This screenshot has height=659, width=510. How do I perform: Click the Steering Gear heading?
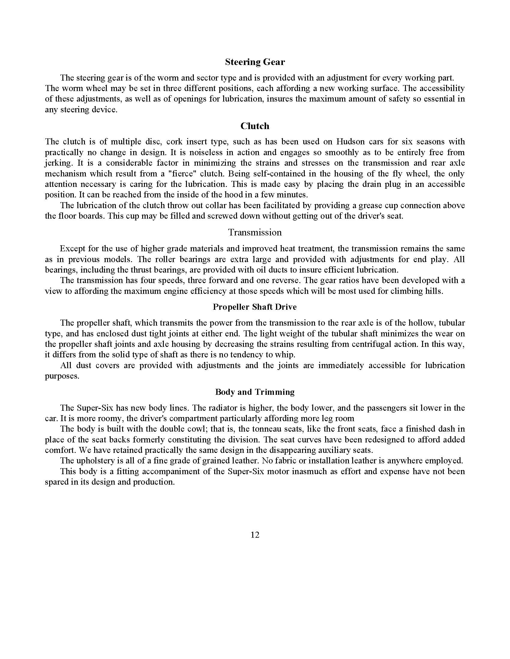(x=255, y=62)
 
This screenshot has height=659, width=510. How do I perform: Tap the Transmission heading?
(x=255, y=232)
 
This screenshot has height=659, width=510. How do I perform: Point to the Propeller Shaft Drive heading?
(x=255, y=307)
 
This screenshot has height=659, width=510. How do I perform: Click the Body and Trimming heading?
(x=255, y=392)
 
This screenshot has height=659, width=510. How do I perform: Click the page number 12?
(x=255, y=535)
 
